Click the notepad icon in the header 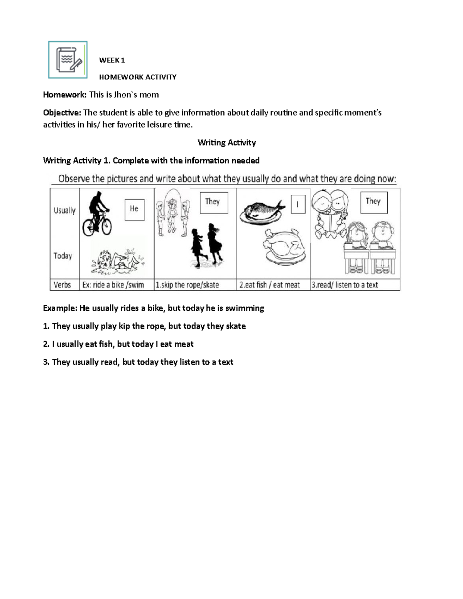click(x=68, y=60)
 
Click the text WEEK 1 click(x=112, y=60)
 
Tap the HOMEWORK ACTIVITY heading click(x=138, y=77)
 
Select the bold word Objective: click(x=62, y=113)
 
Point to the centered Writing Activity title click(x=227, y=143)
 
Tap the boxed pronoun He click(x=134, y=209)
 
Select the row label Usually click(x=64, y=211)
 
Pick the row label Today click(x=63, y=256)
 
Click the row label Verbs click(x=62, y=285)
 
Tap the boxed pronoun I click(x=297, y=204)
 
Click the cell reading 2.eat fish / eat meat click(x=269, y=285)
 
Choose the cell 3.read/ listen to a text click(x=345, y=285)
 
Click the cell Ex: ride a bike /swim click(x=113, y=285)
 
